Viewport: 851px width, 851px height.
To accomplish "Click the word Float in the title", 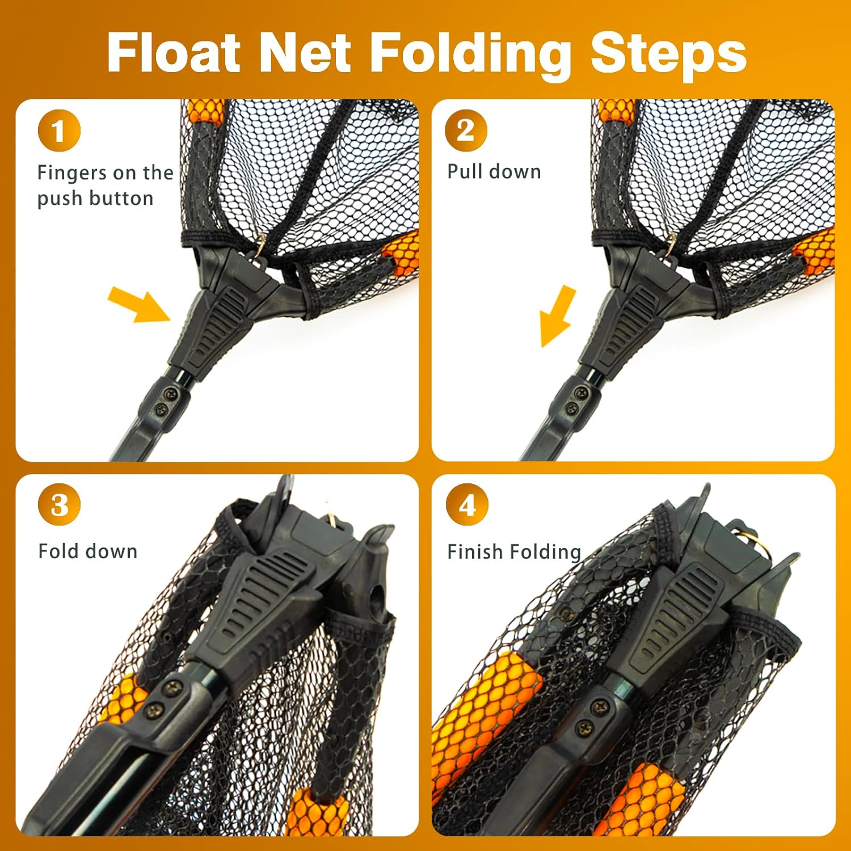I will click(x=174, y=53).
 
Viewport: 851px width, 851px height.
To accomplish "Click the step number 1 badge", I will click(x=59, y=130).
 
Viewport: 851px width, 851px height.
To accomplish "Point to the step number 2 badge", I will click(x=466, y=130).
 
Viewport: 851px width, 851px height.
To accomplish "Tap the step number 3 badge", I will click(x=59, y=504).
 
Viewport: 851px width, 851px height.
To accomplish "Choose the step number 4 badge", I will click(x=466, y=504).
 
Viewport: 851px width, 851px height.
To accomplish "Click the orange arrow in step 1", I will click(x=139, y=304).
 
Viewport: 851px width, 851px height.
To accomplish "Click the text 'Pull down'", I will click(x=494, y=171).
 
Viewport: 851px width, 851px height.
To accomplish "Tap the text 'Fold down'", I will click(x=87, y=551).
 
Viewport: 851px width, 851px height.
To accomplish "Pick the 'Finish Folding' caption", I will click(x=513, y=551).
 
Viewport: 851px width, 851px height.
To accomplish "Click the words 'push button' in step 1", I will click(x=95, y=198).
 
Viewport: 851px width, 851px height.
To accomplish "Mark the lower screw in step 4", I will click(x=584, y=728).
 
